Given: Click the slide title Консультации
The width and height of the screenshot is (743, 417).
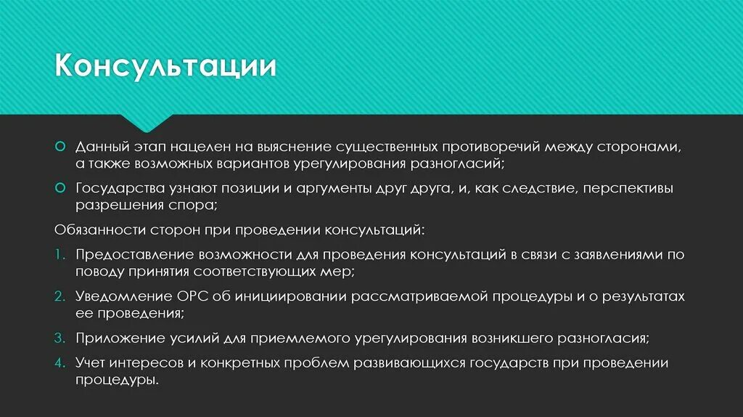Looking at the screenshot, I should tap(166, 67).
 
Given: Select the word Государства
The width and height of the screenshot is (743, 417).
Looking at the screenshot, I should tap(114, 188).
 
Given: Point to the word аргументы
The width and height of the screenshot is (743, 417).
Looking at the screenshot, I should tap(338, 188).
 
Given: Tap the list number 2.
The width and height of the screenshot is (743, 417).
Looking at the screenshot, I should tap(59, 297).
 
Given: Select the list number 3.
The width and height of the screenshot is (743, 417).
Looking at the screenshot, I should tap(59, 339).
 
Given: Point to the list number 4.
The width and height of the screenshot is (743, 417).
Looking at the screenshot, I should tap(59, 363).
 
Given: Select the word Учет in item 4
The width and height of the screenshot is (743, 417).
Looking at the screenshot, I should tap(91, 363).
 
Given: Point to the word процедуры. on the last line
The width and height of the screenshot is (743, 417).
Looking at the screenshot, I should tap(117, 381).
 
